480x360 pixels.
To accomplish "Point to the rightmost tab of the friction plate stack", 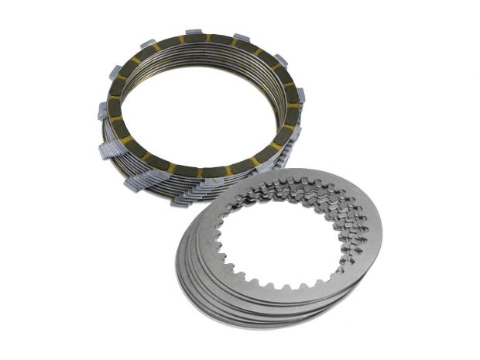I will point(300,97).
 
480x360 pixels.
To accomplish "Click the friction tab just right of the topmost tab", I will point(242,39).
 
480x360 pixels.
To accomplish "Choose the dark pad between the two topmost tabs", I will point(219,40).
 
